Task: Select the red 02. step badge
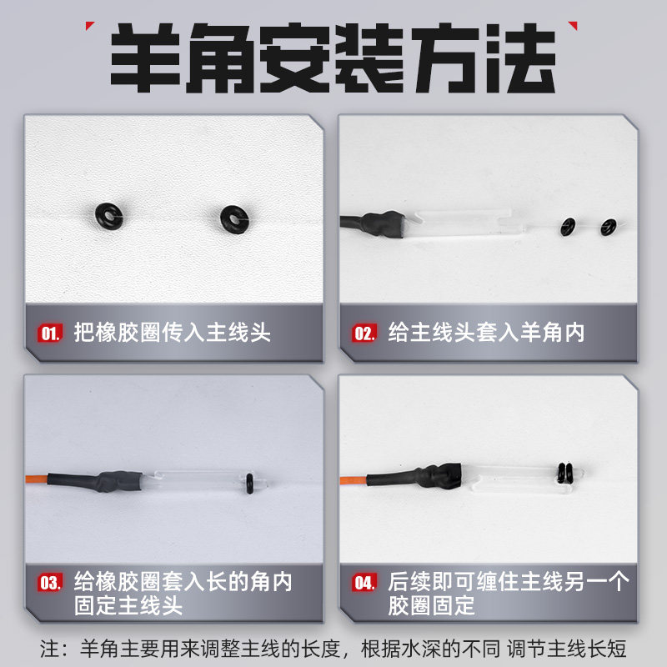click(x=364, y=333)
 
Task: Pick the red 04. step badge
click(x=364, y=583)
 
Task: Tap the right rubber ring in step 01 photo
click(x=233, y=219)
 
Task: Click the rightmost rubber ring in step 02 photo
click(x=608, y=226)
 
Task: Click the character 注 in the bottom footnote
click(x=51, y=648)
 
